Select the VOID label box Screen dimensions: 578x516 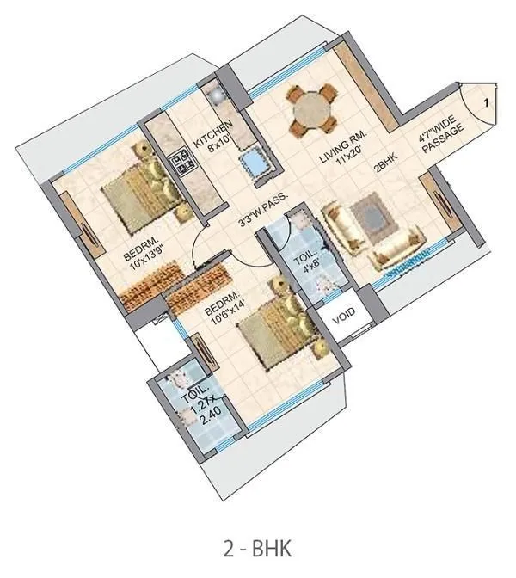coord(343,316)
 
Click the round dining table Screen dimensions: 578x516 coord(312,109)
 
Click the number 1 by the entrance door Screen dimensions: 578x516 coord(486,103)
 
